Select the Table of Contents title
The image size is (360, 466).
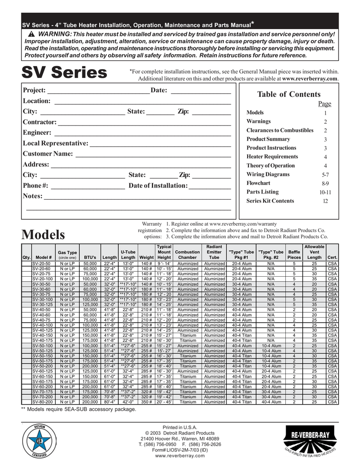(x=289, y=94)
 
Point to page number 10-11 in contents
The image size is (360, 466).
(x=325, y=192)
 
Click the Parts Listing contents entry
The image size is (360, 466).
(x=263, y=192)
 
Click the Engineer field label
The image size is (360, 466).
(x=37, y=132)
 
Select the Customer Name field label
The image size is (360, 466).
(x=48, y=154)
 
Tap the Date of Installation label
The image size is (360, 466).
(x=158, y=186)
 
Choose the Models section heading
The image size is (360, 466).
(x=44, y=235)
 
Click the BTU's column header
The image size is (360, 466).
(x=90, y=258)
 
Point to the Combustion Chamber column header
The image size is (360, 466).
(x=188, y=254)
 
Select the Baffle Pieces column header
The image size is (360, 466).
(x=294, y=254)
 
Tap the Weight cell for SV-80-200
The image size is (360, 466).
(x=146, y=402)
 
